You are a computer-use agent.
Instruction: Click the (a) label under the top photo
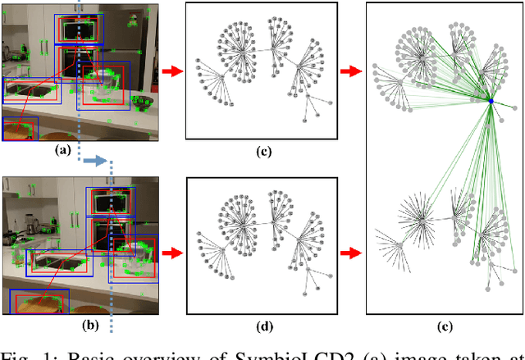pyautogui.click(x=60, y=150)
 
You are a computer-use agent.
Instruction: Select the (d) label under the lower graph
pyautogui.click(x=264, y=326)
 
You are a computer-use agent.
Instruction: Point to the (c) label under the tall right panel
pyautogui.click(x=444, y=326)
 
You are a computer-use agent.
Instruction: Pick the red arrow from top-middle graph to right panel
pyautogui.click(x=351, y=72)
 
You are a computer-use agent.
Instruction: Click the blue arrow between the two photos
pyautogui.click(x=97, y=162)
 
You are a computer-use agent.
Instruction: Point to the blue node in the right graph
pyautogui.click(x=490, y=100)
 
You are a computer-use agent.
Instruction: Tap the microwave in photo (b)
pyautogui.click(x=110, y=202)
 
